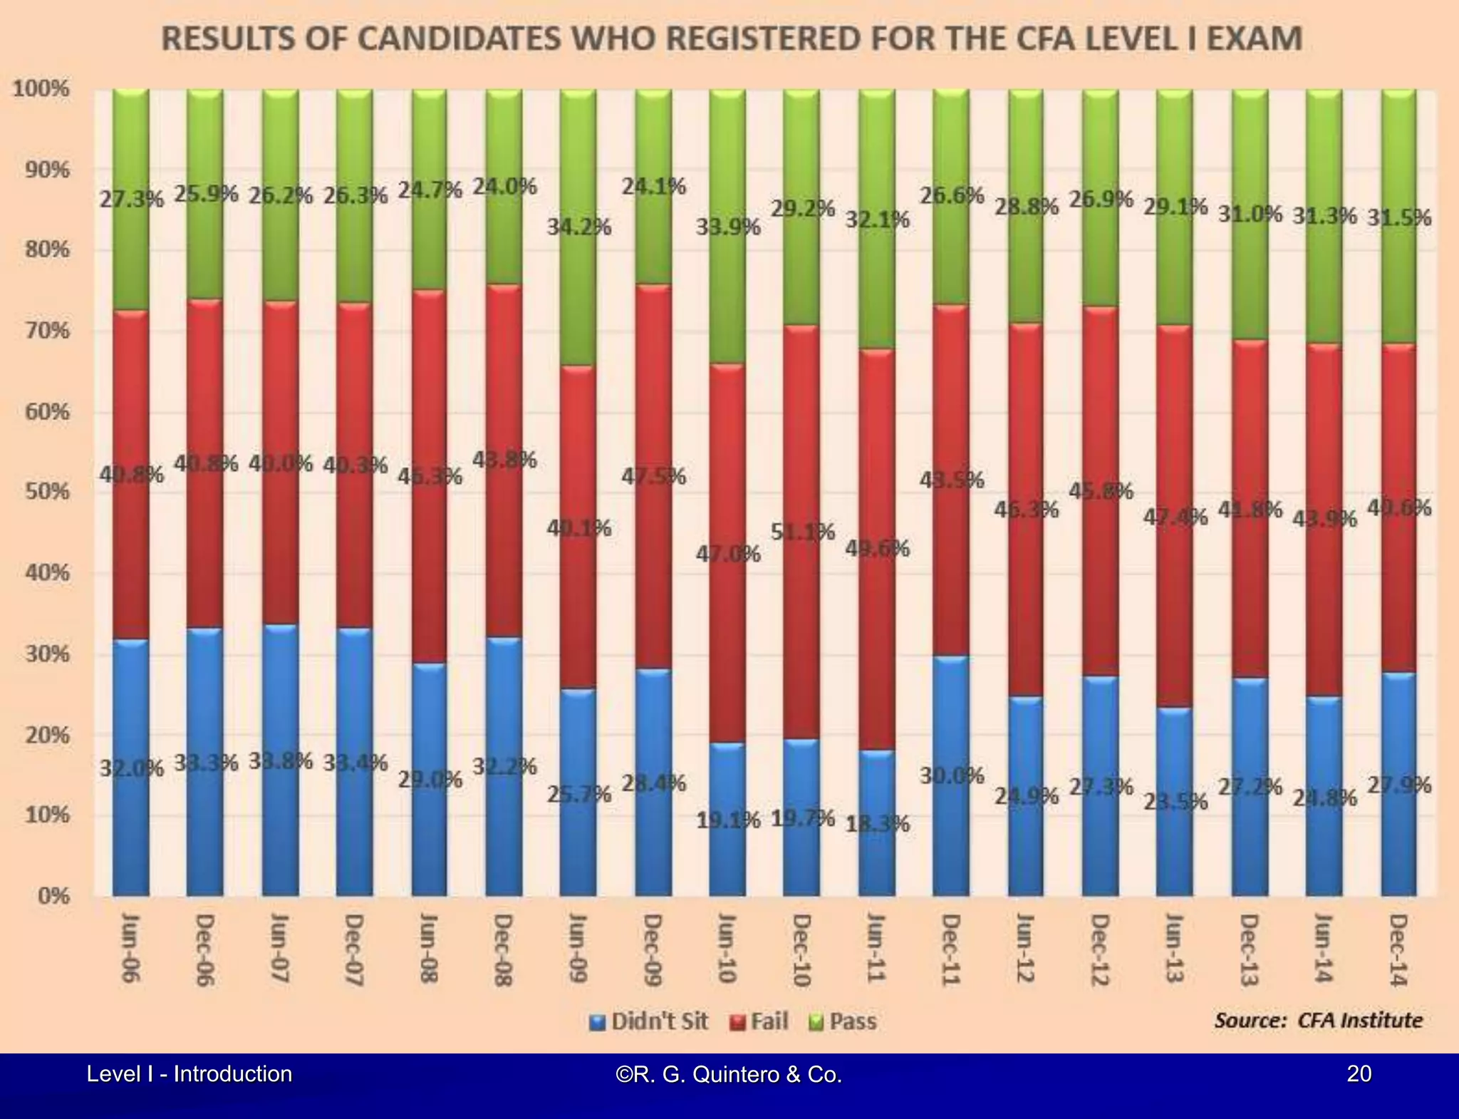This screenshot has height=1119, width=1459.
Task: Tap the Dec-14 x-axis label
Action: pyautogui.click(x=1398, y=949)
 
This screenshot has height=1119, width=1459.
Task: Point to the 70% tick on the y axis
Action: pyautogui.click(x=48, y=331)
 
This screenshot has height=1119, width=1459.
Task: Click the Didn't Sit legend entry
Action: pyautogui.click(x=650, y=1022)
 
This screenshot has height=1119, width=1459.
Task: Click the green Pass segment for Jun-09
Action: pyautogui.click(x=578, y=299)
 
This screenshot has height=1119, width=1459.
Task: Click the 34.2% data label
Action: pyautogui.click(x=578, y=227)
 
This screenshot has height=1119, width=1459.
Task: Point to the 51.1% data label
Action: pyautogui.click(x=802, y=532)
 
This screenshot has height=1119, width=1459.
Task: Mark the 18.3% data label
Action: pyautogui.click(x=877, y=824)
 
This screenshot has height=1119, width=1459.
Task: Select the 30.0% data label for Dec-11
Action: pyautogui.click(x=951, y=775)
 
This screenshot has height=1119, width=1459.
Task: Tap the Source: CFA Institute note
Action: pyautogui.click(x=1318, y=1021)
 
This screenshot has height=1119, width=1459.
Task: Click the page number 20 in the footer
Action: pyautogui.click(x=1359, y=1073)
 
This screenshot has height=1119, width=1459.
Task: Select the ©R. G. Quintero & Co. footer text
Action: pyautogui.click(x=728, y=1074)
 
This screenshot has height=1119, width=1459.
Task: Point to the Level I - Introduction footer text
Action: pyautogui.click(x=189, y=1073)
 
